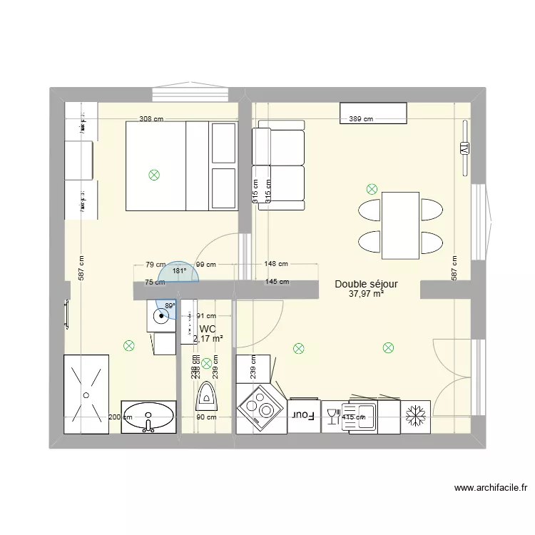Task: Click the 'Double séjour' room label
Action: coord(366,284)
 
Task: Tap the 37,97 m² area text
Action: coord(367,293)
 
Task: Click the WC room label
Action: coord(208,329)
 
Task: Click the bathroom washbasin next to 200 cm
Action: coord(148,416)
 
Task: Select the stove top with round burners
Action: coord(259,410)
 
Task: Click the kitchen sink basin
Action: coord(360,416)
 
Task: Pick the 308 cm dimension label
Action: coord(151,119)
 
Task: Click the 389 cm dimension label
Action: coord(360,119)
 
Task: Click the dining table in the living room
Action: coord(400,225)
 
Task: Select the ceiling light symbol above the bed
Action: coord(153,174)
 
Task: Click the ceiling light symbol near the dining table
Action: coord(371,189)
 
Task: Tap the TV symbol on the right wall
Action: coord(464,148)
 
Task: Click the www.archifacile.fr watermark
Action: coord(491,489)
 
